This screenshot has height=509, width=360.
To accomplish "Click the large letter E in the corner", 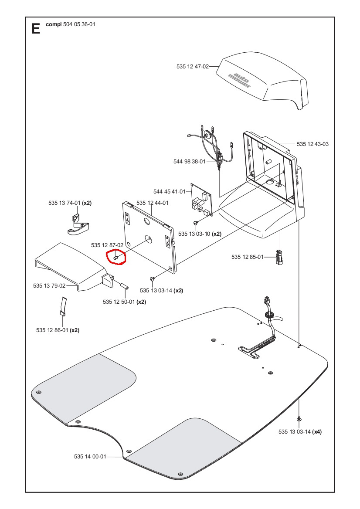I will pos(35,29).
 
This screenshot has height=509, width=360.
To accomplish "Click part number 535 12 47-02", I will pos(192,67).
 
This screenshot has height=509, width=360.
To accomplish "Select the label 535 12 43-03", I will pos(312,144).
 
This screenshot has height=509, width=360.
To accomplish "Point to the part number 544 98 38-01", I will pos(189,162).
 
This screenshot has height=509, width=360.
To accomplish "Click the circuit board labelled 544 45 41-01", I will pos(200,201).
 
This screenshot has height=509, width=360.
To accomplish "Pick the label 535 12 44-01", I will pos(152,203).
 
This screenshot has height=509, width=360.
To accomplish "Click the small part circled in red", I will pos(116,258).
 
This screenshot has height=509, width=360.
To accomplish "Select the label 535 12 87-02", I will pos(107,245).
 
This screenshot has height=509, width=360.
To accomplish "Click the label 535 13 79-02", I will pos(49,286).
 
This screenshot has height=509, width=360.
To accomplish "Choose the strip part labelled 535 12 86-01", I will pos(62,306).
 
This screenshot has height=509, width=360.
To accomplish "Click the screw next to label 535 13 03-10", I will pos(196,223).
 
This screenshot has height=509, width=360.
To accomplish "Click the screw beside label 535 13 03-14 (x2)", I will pos(151,278).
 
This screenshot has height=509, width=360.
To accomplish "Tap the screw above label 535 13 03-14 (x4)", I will pos(299,418).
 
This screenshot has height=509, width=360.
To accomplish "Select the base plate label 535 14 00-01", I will pos(90,457).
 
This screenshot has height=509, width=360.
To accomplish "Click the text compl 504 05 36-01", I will pos(70,24).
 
